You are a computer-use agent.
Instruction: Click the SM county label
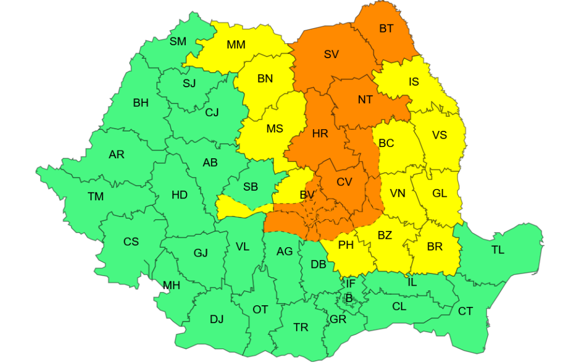178,41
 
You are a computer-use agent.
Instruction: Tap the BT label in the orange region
386,29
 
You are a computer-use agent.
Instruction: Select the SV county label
331,54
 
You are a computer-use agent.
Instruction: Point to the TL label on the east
497,250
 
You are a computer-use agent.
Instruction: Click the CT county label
466,311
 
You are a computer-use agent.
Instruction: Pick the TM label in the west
96,196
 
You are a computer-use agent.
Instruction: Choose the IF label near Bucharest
350,283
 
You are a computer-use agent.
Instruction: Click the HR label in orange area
320,134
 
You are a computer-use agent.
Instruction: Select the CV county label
344,182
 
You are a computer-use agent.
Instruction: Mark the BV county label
307,195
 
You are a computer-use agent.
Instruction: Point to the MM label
236,45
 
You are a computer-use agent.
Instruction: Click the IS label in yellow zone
414,82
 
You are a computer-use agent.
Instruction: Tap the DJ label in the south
217,319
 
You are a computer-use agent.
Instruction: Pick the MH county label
172,285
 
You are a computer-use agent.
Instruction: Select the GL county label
440,193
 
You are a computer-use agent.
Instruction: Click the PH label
346,244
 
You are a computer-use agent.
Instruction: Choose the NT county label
365,100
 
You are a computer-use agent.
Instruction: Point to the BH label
141,103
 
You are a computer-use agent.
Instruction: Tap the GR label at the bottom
338,319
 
